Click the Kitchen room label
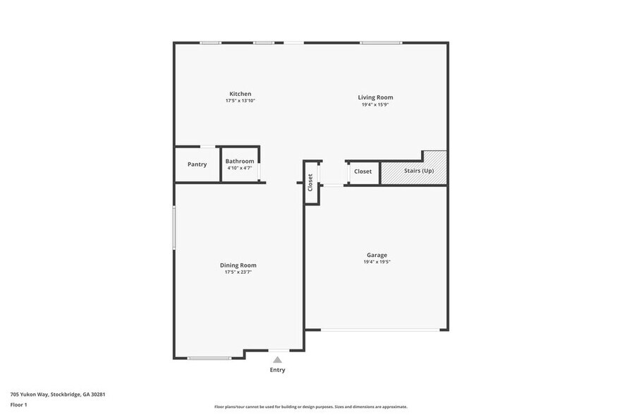tap(240, 94)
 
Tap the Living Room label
tap(375, 97)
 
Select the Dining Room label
tap(238, 265)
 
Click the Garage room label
tap(377, 255)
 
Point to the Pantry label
tap(197, 164)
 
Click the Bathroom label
tap(240, 161)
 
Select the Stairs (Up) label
tap(418, 171)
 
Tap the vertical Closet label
tap(310, 182)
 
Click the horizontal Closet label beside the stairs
tap(362, 172)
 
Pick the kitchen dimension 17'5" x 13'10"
tap(240, 101)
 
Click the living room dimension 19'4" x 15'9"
tap(375, 104)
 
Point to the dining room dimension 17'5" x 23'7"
tap(238, 272)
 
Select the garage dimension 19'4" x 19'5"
tap(377, 262)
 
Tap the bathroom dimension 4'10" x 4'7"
tap(240, 167)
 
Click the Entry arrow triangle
tap(277, 359)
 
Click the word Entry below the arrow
tap(277, 370)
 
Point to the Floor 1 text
tap(18, 404)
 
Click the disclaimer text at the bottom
tap(310, 407)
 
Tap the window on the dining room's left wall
tap(174, 227)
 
